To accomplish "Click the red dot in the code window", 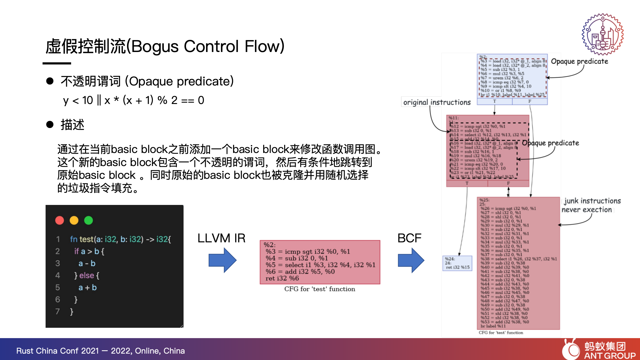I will (x=60, y=220).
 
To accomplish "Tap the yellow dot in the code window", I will (x=74, y=220).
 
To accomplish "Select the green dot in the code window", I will (x=88, y=220).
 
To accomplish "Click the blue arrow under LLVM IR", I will (x=222, y=260).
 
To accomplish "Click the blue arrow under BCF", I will (x=411, y=260).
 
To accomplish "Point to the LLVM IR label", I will (x=221, y=238).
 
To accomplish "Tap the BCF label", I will (x=409, y=238).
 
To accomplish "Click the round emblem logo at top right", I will (x=603, y=34).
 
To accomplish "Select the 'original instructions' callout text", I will (x=437, y=102).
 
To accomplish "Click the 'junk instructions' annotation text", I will (x=592, y=201).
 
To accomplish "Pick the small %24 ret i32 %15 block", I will (x=457, y=263).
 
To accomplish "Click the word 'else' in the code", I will (x=87, y=275).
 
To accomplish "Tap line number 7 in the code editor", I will (x=57, y=311).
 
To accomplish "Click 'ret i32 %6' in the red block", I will (x=282, y=278).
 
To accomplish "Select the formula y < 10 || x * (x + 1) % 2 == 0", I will (x=134, y=100).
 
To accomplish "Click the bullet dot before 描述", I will (x=50, y=125).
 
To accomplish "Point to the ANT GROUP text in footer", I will (x=610, y=355).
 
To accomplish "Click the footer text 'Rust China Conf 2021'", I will (x=58, y=351).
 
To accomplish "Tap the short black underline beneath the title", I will (x=57, y=63).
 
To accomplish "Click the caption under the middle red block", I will (x=320, y=289).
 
